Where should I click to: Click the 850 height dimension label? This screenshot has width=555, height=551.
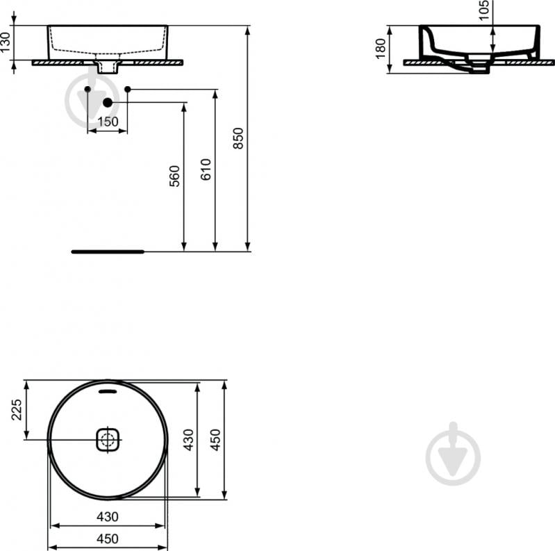point(238,138)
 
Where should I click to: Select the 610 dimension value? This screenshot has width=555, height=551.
point(206,170)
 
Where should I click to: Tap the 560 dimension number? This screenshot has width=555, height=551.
point(174,176)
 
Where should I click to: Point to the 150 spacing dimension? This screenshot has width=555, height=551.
point(108,122)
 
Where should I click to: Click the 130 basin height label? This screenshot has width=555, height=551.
point(6,42)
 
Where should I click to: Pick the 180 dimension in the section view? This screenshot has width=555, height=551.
point(380,49)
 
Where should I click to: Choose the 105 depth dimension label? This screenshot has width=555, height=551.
point(483,10)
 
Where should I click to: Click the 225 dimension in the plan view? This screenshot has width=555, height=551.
point(17,410)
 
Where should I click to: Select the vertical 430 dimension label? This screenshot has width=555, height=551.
point(189,440)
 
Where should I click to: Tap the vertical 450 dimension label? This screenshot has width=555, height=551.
point(215,440)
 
